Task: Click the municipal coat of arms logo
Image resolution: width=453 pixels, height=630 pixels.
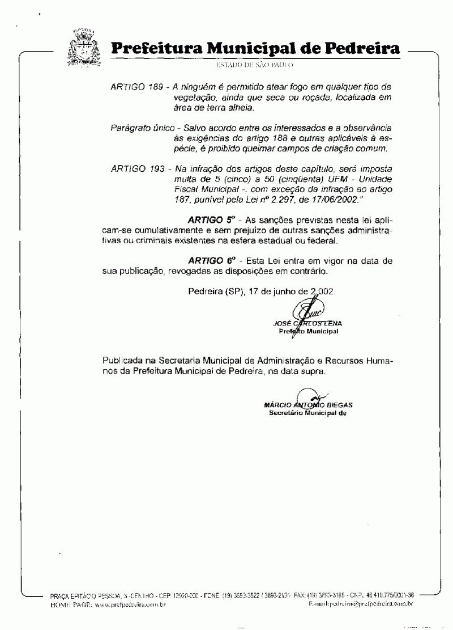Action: click(83, 46)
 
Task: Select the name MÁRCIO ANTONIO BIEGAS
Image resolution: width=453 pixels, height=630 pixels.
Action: click(308, 405)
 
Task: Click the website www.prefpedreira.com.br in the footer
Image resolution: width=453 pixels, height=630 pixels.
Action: click(130, 604)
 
